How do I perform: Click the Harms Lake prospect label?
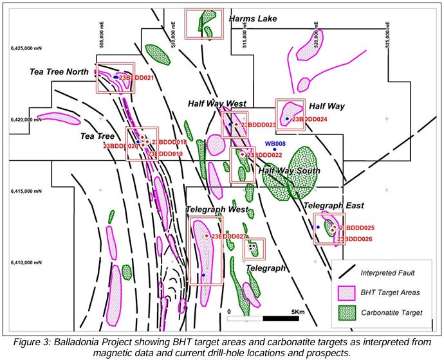point(253,19)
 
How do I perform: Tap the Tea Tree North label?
point(59,71)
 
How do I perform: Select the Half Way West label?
point(217,104)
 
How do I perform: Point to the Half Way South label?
point(289,170)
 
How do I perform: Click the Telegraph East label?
point(333,206)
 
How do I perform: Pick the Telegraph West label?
point(217,210)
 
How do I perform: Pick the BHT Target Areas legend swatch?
point(347,292)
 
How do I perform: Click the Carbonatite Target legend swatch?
point(347,312)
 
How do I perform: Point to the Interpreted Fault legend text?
point(391,272)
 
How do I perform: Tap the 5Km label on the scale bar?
point(297,312)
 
